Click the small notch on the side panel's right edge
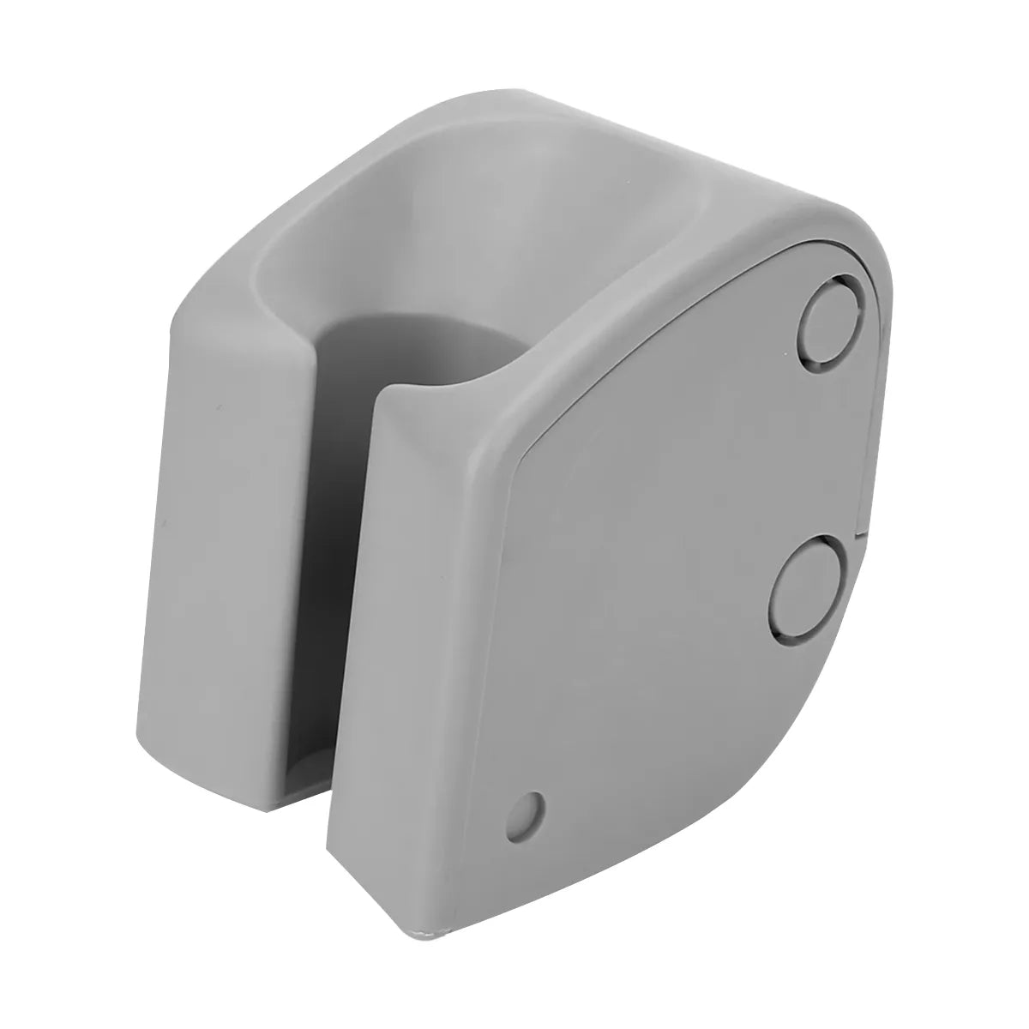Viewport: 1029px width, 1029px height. [861, 536]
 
